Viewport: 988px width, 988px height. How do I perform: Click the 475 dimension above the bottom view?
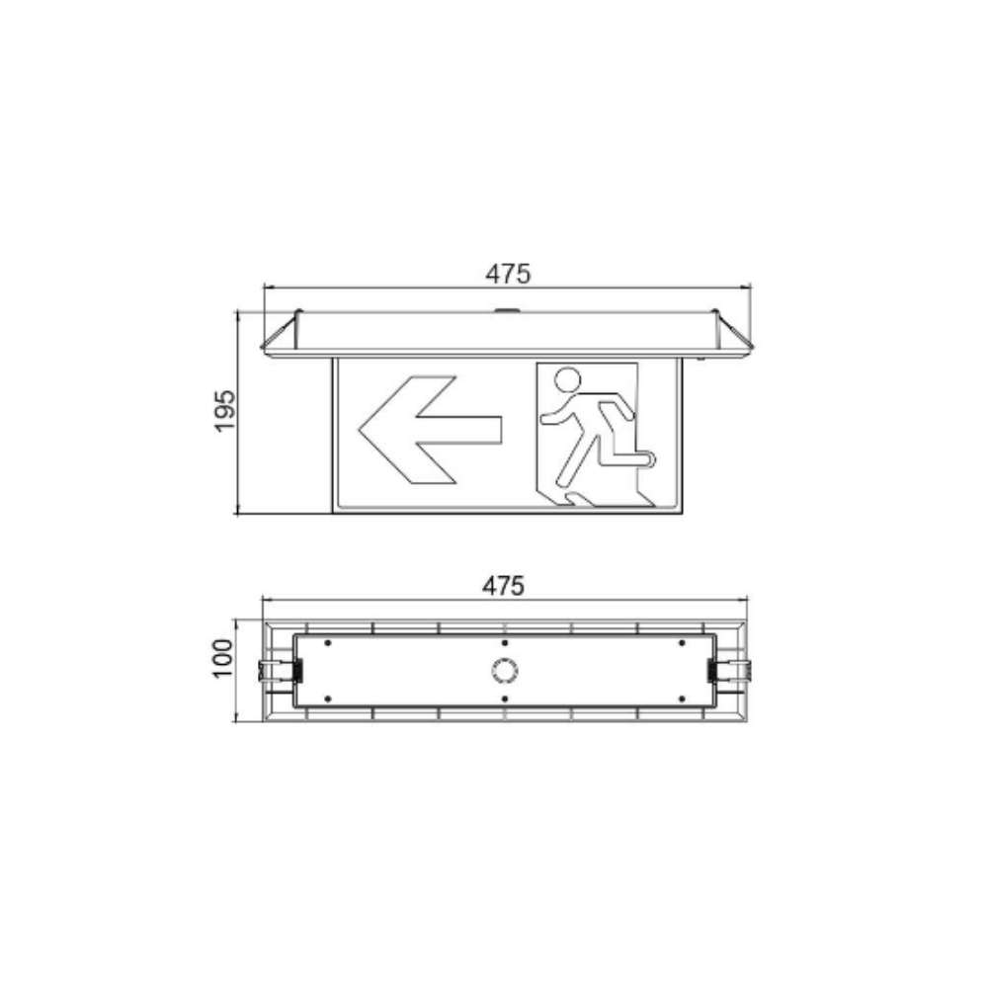click(x=504, y=586)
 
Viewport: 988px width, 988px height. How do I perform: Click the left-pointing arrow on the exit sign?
click(x=430, y=429)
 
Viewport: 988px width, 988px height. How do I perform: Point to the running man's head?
click(x=567, y=378)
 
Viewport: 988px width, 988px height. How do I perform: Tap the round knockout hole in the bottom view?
click(x=504, y=671)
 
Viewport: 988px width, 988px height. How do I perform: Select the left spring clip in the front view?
click(x=281, y=335)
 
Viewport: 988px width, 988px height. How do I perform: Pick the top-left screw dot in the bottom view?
click(x=326, y=643)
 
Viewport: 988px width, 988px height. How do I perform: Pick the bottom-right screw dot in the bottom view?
click(x=682, y=699)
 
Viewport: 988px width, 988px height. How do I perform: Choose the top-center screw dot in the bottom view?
click(x=504, y=643)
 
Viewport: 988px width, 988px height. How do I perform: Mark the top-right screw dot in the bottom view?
click(x=682, y=643)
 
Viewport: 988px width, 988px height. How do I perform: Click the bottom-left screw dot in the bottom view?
click(x=326, y=699)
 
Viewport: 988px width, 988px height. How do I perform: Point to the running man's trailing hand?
click(x=545, y=420)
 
